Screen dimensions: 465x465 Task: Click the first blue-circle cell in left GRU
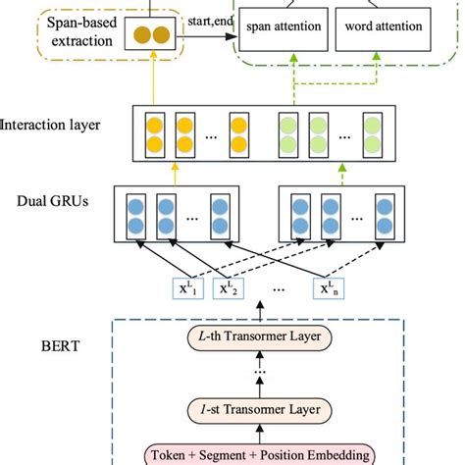[x=135, y=213]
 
